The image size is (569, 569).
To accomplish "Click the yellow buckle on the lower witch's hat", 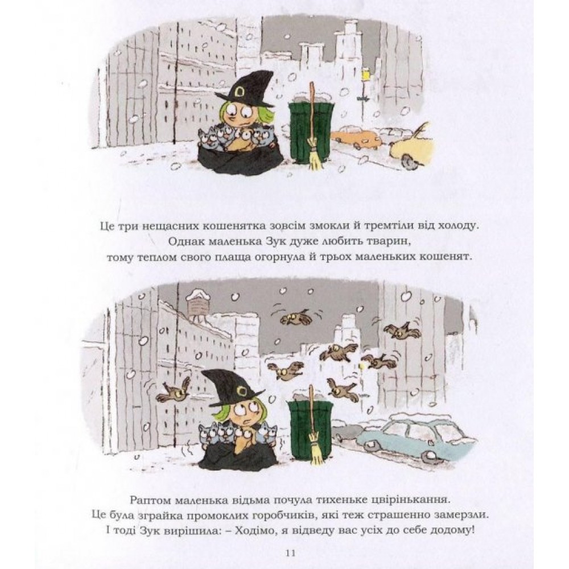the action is [x=240, y=391].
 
